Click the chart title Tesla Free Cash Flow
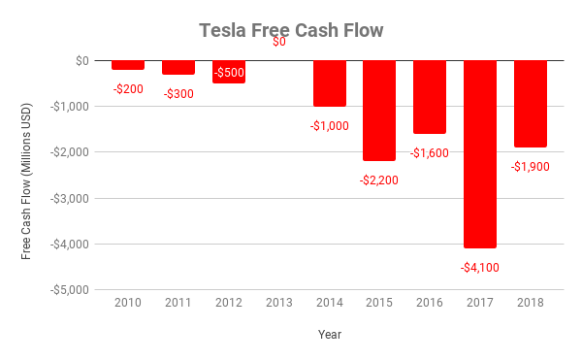(291, 31)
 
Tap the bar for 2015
(379, 110)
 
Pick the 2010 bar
(128, 65)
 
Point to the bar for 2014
(329, 83)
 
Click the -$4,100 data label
(480, 267)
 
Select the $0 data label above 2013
(279, 42)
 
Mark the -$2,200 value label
(379, 180)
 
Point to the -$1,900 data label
(531, 166)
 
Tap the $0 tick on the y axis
(81, 60)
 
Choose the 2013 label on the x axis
(279, 303)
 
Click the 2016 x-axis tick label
(430, 303)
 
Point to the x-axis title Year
(329, 334)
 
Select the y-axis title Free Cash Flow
(26, 175)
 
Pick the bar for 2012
(229, 72)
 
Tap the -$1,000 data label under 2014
(329, 125)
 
